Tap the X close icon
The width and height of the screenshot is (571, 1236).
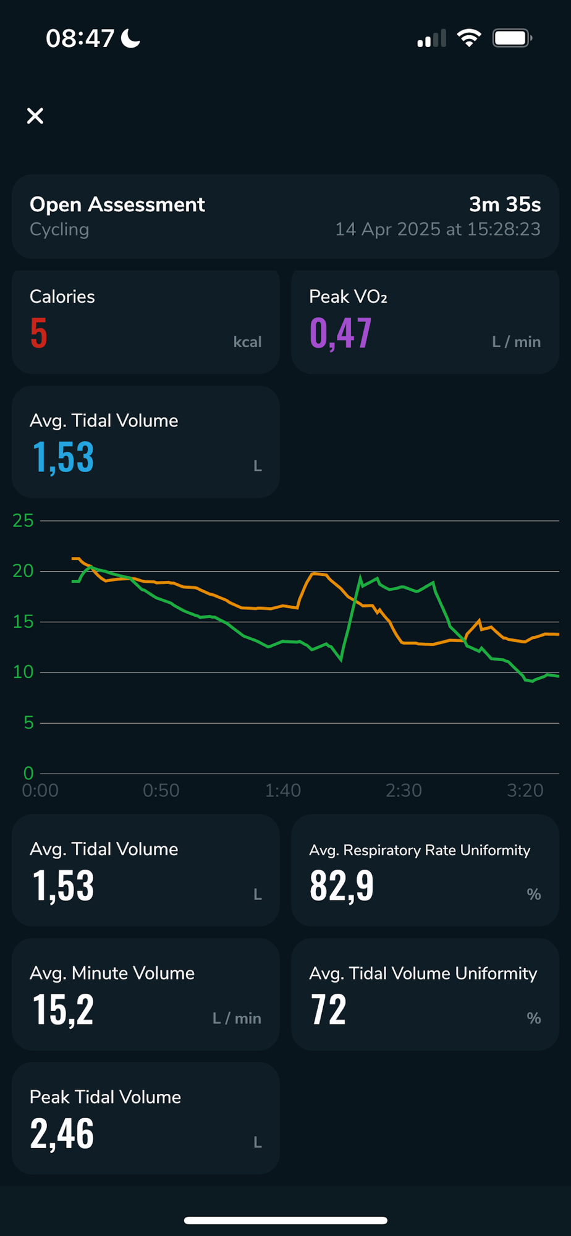point(35,116)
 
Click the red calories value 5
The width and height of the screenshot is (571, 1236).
point(39,333)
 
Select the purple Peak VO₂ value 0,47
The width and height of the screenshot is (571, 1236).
point(340,333)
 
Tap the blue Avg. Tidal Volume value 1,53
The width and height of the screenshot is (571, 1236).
point(63,457)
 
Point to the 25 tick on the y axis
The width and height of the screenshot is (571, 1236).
point(23,521)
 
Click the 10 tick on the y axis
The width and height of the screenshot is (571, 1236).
point(23,672)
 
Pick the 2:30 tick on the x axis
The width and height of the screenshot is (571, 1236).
point(404,790)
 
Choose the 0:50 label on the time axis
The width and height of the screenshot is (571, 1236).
point(161,790)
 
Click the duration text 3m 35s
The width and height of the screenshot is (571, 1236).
point(504,205)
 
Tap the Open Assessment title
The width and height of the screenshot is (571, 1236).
point(117,205)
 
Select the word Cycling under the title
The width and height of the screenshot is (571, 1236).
point(59,229)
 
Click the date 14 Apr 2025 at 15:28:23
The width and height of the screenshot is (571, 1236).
point(438,229)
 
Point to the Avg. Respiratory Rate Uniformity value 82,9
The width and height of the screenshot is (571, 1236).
point(342,886)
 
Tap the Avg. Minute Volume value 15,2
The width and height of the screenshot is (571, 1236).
point(63,1010)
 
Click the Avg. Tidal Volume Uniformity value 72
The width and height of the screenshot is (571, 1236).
point(328,1010)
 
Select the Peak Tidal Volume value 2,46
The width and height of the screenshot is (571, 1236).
point(62,1134)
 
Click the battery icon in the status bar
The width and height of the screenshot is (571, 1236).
point(512,38)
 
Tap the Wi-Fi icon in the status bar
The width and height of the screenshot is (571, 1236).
point(469,38)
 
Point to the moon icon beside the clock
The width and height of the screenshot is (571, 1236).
point(130,38)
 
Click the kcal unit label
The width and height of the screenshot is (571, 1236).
point(247,342)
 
